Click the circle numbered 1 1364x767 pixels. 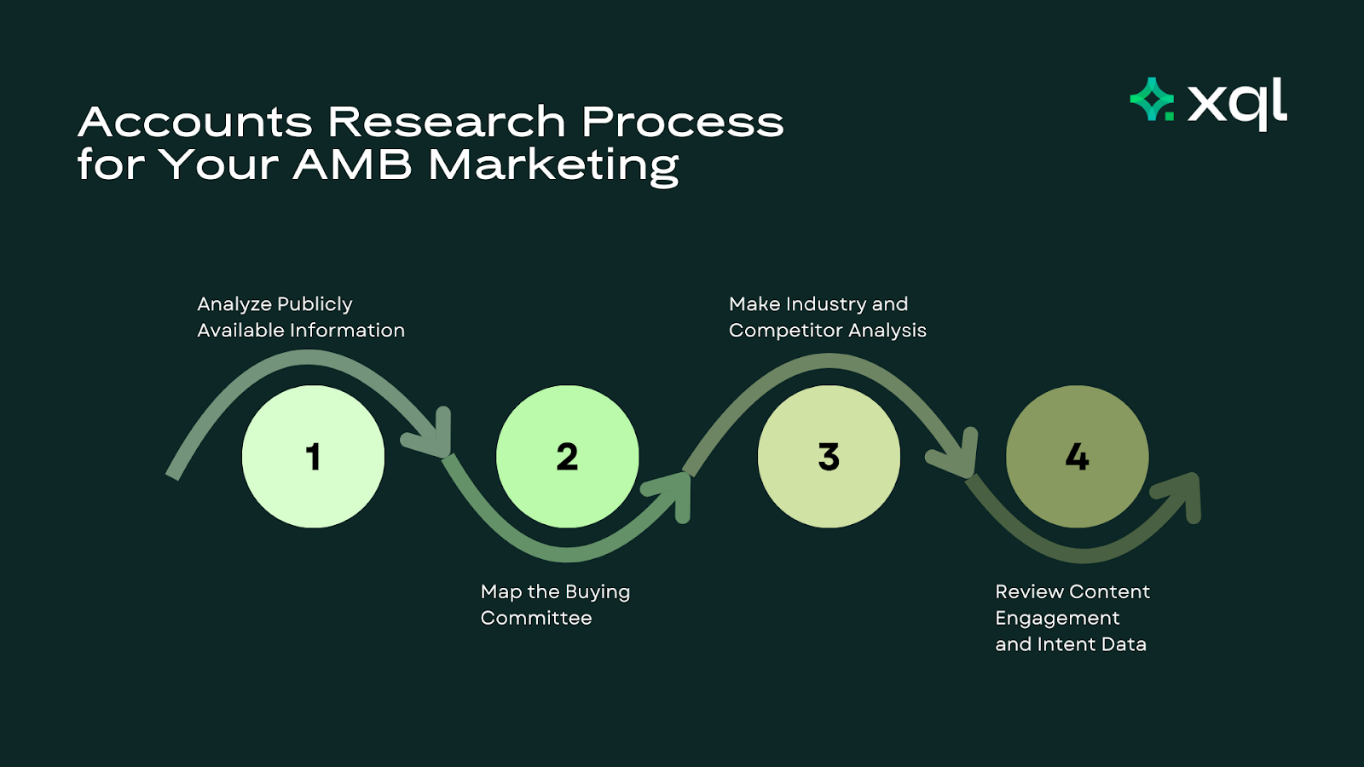[313, 457]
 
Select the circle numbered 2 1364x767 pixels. [567, 457]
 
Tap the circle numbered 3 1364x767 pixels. [829, 457]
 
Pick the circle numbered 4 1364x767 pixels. [1077, 457]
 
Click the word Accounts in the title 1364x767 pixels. [195, 122]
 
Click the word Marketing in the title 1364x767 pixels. [553, 164]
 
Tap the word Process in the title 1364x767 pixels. [682, 122]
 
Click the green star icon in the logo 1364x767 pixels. [1152, 100]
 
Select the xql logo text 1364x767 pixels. [1237, 102]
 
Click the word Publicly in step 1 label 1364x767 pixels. [315, 304]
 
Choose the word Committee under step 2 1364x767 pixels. [536, 618]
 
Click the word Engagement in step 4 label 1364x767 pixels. [1057, 618]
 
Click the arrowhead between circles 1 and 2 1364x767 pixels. [431, 436]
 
